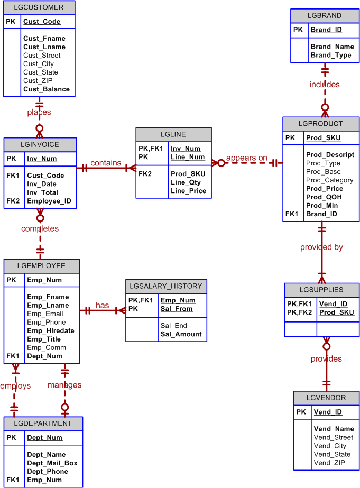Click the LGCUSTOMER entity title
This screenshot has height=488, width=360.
[x=39, y=7]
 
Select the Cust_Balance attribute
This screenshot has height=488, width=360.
[x=47, y=89]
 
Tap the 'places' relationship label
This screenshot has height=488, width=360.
[x=39, y=112]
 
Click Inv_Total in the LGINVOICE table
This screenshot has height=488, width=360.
[x=42, y=192]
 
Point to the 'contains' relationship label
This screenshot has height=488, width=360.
[x=106, y=163]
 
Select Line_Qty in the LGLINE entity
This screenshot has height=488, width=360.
[x=186, y=182]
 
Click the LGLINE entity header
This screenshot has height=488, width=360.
[x=173, y=134]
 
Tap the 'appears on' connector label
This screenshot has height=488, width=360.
[x=247, y=158]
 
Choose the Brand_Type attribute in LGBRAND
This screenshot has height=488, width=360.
[x=331, y=55]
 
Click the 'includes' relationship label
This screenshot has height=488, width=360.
[x=325, y=84]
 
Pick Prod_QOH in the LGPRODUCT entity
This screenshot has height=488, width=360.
[x=323, y=197]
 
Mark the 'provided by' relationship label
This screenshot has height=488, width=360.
[x=321, y=247]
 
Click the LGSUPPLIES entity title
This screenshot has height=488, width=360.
[x=321, y=290]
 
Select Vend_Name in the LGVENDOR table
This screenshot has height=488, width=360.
[x=334, y=429]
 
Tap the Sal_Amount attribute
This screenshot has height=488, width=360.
[x=181, y=334]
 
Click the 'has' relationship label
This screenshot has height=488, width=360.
[x=103, y=306]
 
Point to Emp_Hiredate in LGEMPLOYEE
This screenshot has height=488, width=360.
[x=51, y=331]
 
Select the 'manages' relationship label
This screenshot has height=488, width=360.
[x=64, y=385]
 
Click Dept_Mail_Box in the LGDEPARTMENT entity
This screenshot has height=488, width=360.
[x=52, y=463]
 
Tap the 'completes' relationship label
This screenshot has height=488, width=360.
[x=40, y=228]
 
